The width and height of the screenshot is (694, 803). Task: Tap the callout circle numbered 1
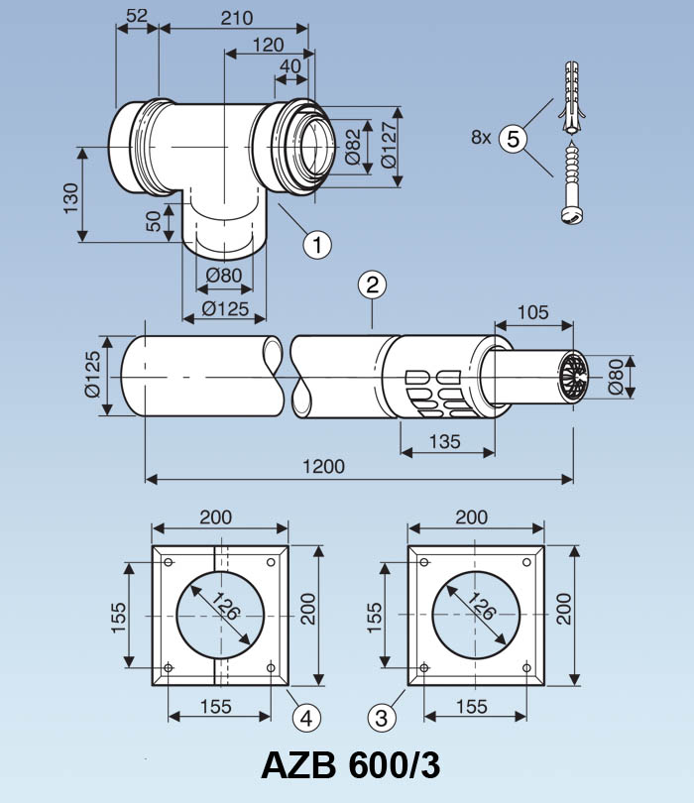tap(316, 243)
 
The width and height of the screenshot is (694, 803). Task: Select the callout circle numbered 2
tap(371, 287)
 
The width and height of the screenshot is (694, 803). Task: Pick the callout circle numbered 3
tap(384, 715)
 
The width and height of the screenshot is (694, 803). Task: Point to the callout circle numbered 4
tap(306, 715)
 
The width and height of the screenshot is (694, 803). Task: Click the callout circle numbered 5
tap(513, 139)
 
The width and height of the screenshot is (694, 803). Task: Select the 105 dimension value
tap(533, 313)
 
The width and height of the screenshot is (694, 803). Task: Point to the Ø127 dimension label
tap(389, 146)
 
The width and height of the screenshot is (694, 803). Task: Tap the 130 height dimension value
tap(70, 197)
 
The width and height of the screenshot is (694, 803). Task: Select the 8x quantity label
tap(482, 139)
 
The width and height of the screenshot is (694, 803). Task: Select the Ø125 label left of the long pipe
tap(94, 375)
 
